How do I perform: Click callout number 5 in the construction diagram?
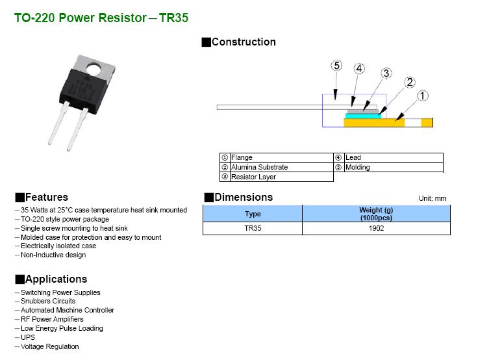(x=336, y=66)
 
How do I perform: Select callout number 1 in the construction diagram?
(x=422, y=96)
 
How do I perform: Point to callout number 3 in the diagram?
(x=386, y=73)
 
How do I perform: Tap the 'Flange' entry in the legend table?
(x=242, y=158)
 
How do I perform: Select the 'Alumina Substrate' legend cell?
(x=259, y=168)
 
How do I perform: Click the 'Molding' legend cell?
(x=357, y=168)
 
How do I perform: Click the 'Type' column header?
(x=253, y=214)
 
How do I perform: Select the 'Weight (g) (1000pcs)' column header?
(x=376, y=214)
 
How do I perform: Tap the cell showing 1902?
(x=376, y=229)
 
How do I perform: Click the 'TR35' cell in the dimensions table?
(x=253, y=229)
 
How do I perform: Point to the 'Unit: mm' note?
(x=433, y=198)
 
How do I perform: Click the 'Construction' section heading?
(x=243, y=42)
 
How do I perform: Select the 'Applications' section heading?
(x=55, y=279)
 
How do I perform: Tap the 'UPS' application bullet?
(x=28, y=337)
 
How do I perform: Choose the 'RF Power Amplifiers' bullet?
(x=52, y=319)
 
